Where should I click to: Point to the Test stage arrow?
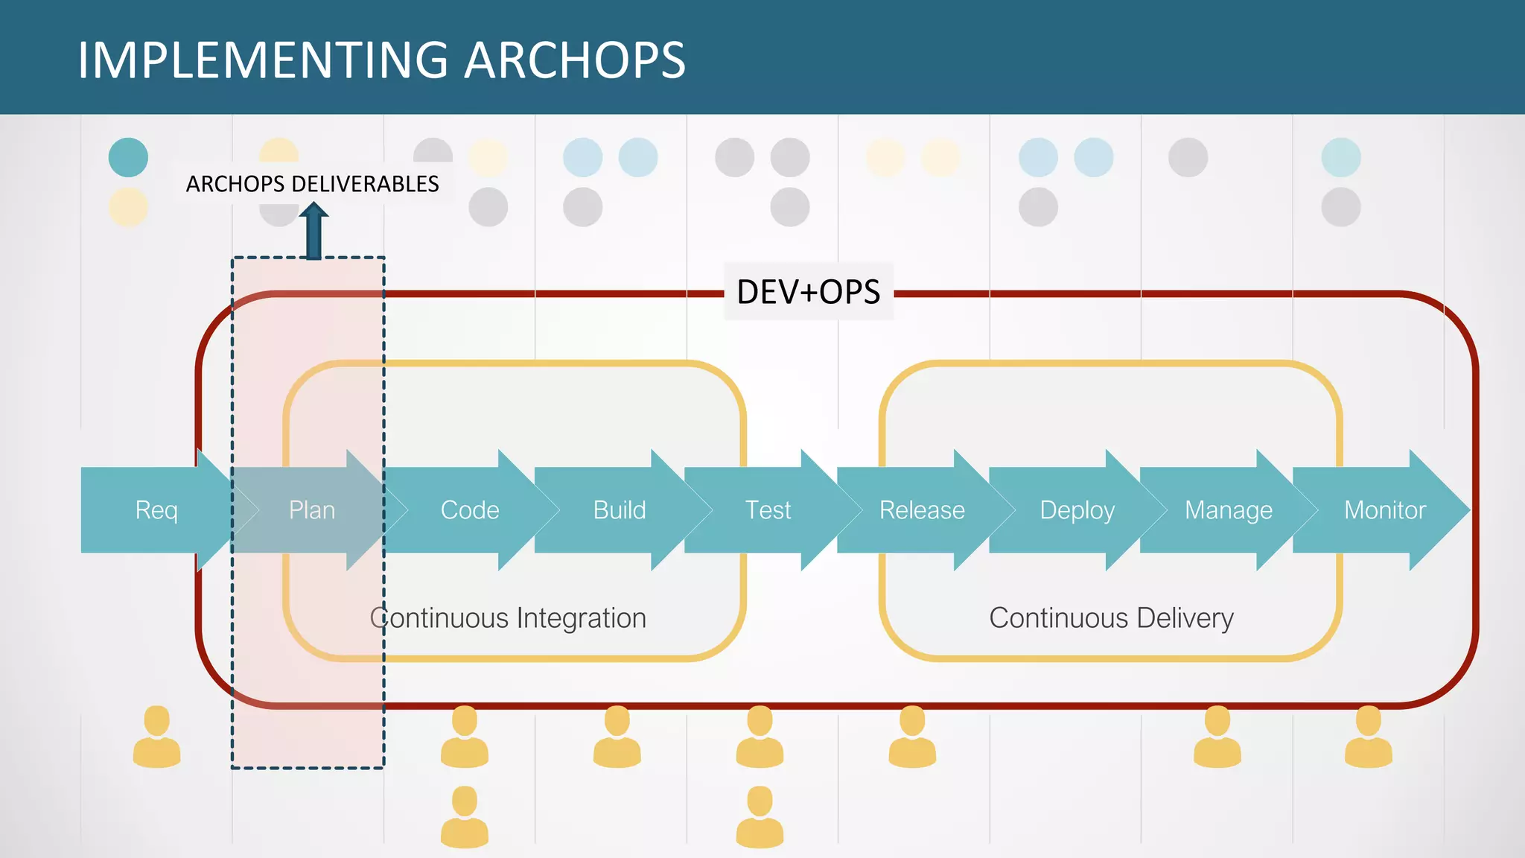(768, 510)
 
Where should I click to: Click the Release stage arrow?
(922, 510)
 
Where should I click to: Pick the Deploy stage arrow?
(1077, 510)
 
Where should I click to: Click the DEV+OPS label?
(809, 292)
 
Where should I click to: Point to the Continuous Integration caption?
(508, 618)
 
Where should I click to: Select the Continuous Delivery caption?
(1111, 618)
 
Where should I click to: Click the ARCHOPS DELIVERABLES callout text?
(313, 184)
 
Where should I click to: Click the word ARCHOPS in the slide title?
(575, 60)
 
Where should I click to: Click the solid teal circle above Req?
(128, 157)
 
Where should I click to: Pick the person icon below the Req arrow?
(156, 737)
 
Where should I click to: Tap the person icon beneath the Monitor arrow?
(1368, 737)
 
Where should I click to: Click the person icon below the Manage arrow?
(1217, 737)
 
